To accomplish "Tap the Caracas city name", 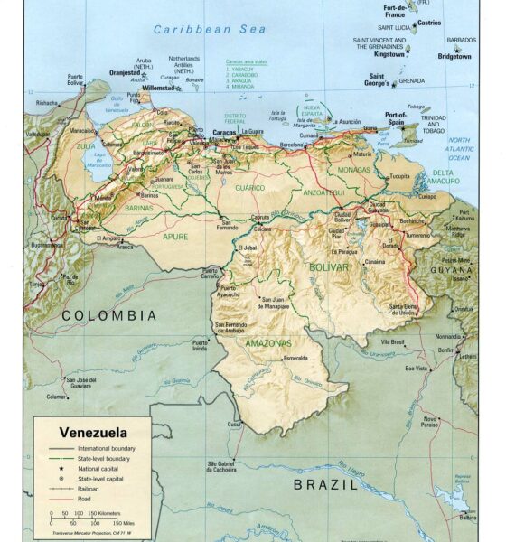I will [223, 132].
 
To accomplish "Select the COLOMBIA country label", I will [108, 315].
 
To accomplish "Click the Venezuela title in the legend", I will [93, 432].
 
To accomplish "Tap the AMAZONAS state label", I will [269, 343].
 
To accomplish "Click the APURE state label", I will [175, 237].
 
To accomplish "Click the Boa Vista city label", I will [416, 368].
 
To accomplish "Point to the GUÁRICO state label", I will [249, 187].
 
